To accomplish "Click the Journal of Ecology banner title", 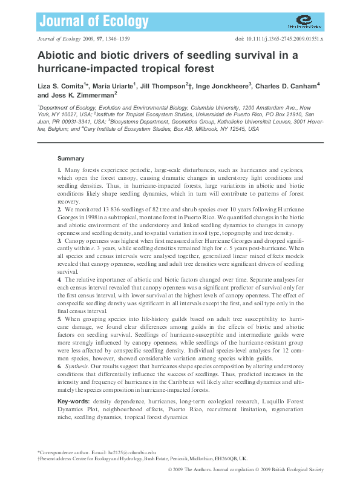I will (93, 22).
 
